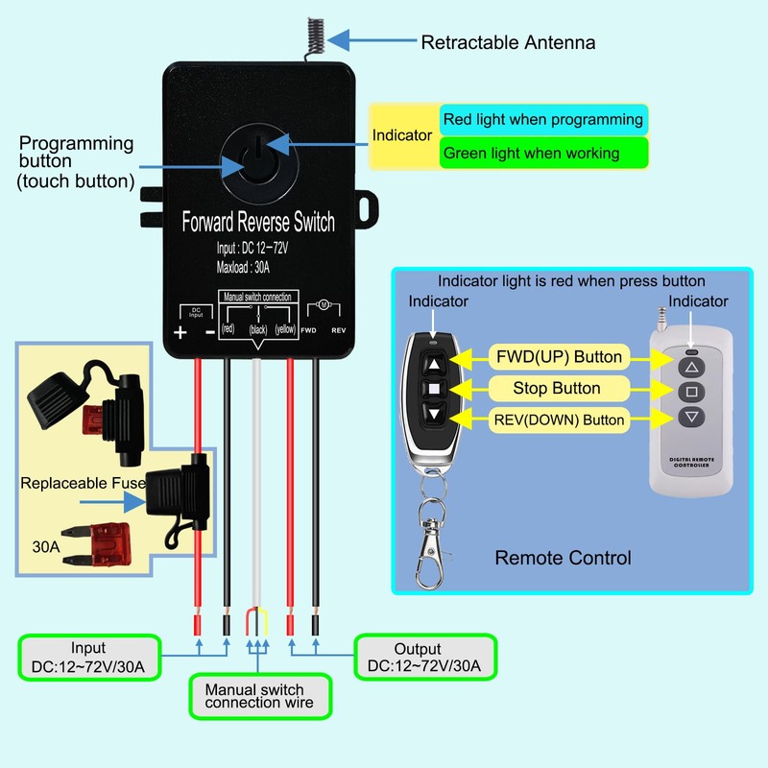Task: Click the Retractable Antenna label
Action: [x=508, y=42]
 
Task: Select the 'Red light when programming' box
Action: [x=542, y=120]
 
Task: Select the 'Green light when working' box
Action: [x=542, y=153]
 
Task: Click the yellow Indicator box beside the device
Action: [x=403, y=135]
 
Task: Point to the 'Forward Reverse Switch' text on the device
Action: [x=258, y=223]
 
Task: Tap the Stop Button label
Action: [x=557, y=389]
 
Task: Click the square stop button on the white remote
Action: [x=690, y=392]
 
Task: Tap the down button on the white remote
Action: [x=690, y=417]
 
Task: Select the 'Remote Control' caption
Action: [x=563, y=558]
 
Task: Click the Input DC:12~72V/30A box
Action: [x=89, y=658]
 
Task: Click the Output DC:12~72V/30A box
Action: [x=418, y=659]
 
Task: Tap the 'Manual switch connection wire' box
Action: [x=254, y=696]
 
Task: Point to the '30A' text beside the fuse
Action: [x=45, y=548]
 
